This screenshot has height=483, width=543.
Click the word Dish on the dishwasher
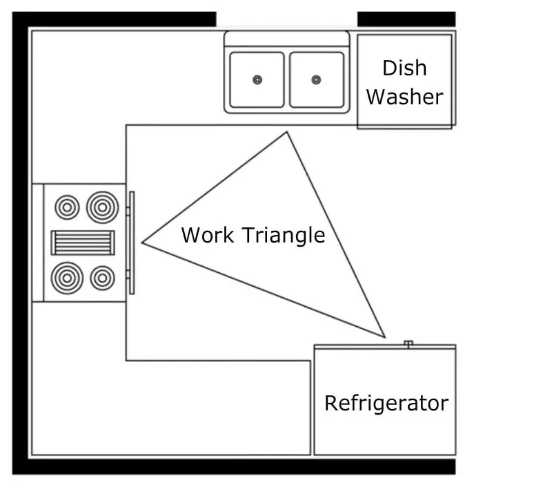(404, 68)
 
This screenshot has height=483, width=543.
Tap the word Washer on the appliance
(404, 97)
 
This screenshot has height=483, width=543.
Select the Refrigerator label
(386, 403)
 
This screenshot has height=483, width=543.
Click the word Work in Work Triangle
(208, 235)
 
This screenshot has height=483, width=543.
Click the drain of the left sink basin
(257, 79)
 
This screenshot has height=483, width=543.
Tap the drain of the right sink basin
(316, 79)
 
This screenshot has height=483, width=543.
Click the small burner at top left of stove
(67, 206)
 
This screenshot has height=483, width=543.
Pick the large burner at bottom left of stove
(67, 278)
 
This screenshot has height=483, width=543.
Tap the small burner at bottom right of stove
(102, 278)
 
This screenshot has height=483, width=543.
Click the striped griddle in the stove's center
(83, 243)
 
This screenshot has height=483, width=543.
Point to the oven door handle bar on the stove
(131, 243)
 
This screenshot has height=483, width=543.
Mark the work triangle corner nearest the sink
(286, 133)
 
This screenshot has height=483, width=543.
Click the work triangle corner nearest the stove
(143, 243)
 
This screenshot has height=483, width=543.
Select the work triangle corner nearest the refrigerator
(384, 337)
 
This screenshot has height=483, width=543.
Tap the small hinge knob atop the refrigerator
(408, 343)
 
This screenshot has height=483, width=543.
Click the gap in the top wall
(286, 19)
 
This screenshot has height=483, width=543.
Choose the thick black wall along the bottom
(241, 467)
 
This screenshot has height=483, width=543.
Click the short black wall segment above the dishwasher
(406, 19)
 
